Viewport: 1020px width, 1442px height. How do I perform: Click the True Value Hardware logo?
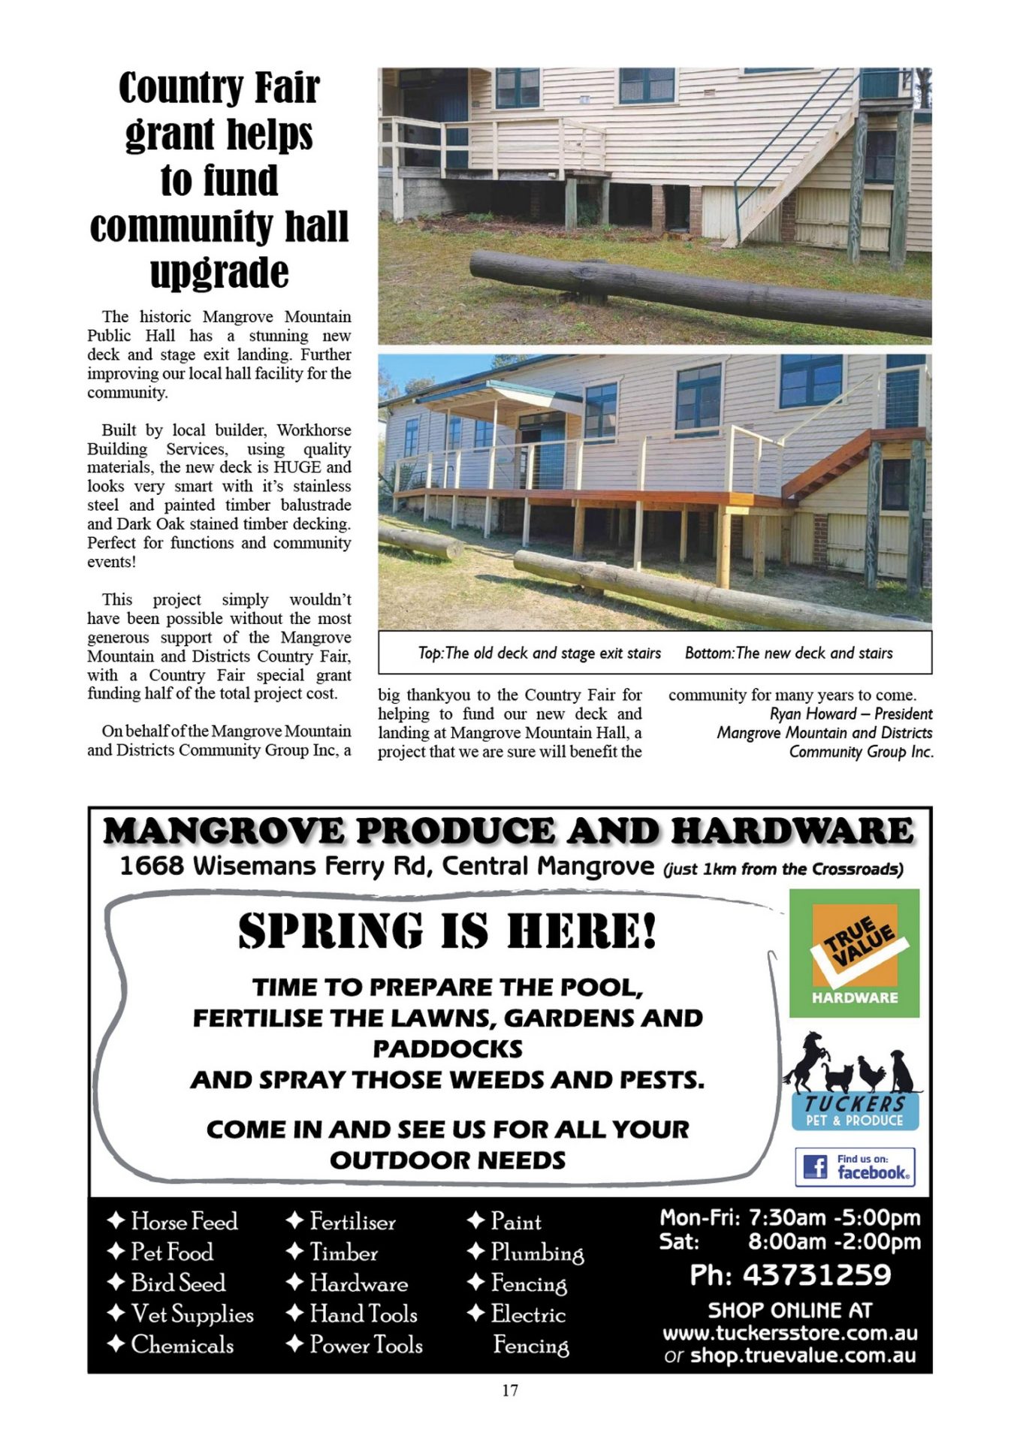[854, 952]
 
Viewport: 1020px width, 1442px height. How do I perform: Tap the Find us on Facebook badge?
[855, 1166]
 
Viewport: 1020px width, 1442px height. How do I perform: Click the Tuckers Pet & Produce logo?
[854, 1081]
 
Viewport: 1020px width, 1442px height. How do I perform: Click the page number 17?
[510, 1390]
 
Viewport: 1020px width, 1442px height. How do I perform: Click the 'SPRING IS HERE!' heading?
[448, 931]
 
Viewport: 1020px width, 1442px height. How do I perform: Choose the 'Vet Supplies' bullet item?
[192, 1314]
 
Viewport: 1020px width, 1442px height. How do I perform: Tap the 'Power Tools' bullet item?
[366, 1344]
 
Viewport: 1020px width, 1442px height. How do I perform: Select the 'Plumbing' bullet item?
[536, 1253]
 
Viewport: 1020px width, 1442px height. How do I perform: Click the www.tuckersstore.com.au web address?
[789, 1333]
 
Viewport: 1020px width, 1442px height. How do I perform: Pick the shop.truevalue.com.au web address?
[802, 1355]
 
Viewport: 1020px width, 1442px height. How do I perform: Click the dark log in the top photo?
[699, 292]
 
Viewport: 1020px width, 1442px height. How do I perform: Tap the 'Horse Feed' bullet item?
[183, 1221]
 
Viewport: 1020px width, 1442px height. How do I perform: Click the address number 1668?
[152, 866]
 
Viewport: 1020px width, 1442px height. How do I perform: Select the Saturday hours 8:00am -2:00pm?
[834, 1241]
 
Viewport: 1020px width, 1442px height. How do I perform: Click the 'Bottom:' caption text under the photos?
[709, 653]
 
